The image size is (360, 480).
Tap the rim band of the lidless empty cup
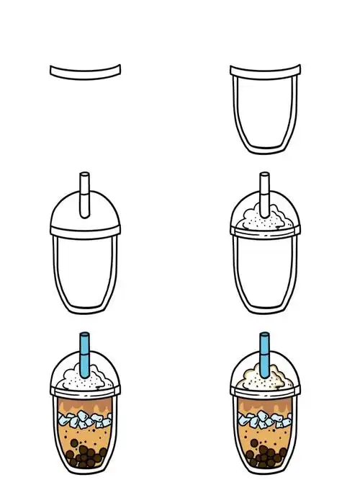[x=265, y=71]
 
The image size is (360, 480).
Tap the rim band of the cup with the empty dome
[x=85, y=230]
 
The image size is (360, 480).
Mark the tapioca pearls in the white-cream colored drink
[x=86, y=455]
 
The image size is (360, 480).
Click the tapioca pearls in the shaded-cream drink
[x=265, y=455]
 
